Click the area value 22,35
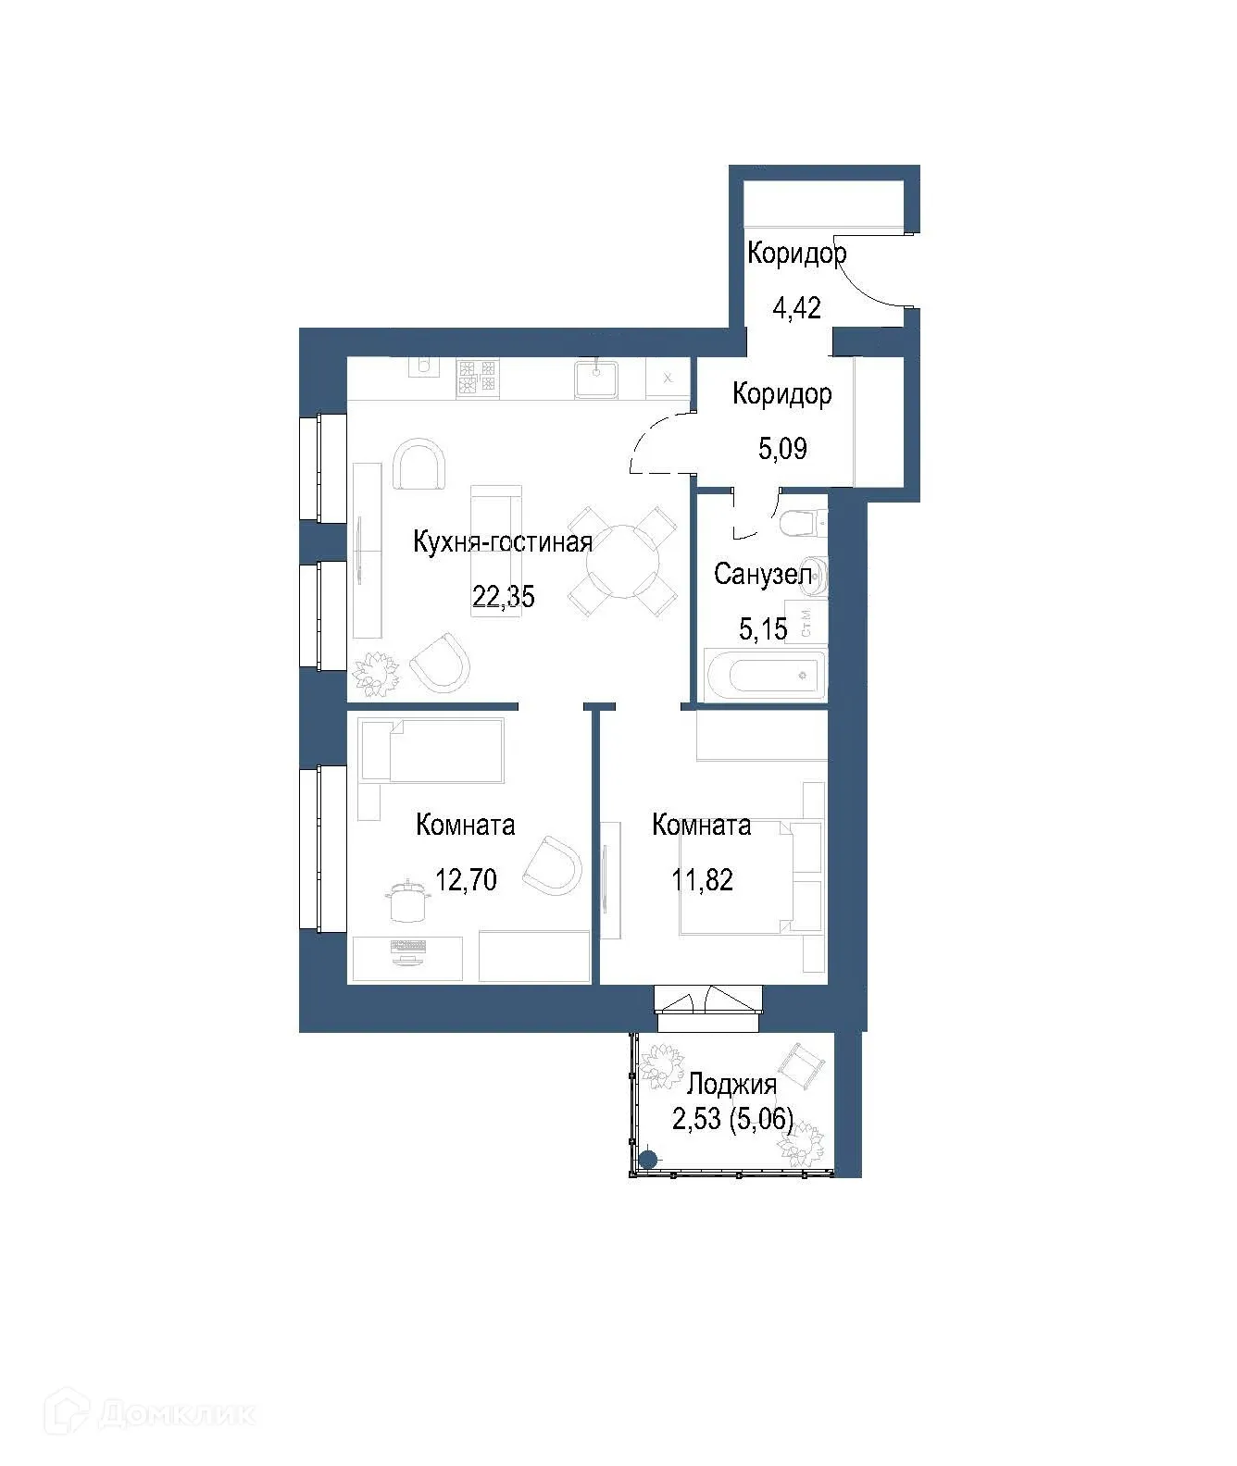pos(504,597)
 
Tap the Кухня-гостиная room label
pos(502,541)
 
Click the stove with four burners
pos(477,377)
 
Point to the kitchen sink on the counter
pos(595,378)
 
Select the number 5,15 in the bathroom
pos(763,629)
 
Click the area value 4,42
pos(796,307)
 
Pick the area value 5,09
pos(782,449)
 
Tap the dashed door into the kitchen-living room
pos(657,444)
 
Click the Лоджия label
pos(731,1083)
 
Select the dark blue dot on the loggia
pos(648,1159)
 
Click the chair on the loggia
pos(801,1066)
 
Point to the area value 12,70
pos(466,879)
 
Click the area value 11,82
pos(702,879)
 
